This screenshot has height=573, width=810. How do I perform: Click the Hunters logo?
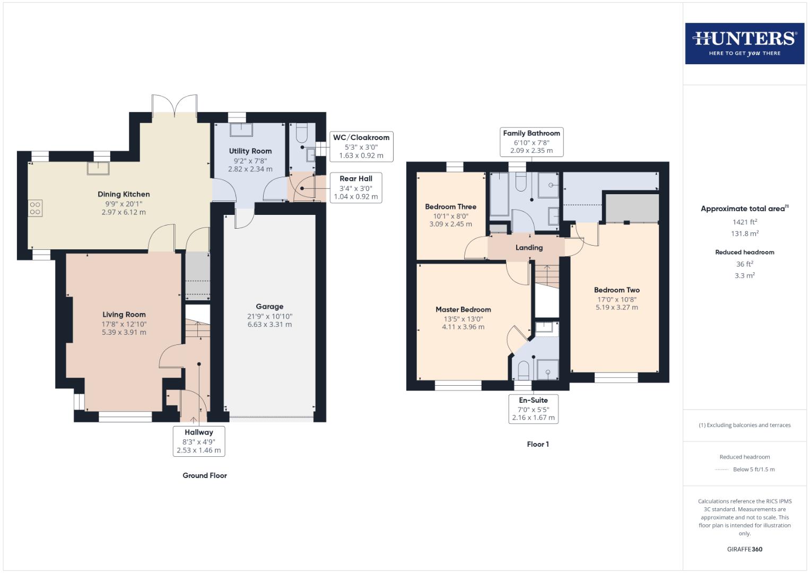coord(744,44)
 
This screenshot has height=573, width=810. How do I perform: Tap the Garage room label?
coord(269,307)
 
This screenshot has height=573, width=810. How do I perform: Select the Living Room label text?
coord(124,315)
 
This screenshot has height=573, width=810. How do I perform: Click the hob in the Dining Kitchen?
coord(36,208)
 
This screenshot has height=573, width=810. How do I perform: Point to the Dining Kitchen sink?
coord(99,168)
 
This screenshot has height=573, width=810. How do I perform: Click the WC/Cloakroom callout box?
coord(361,146)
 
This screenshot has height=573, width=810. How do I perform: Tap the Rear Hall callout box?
coord(355,187)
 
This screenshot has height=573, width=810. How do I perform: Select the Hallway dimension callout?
coord(199,441)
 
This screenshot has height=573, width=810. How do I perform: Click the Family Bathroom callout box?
coord(531,142)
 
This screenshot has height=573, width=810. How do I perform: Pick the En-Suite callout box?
coord(533,409)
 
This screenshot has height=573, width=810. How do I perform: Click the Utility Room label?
coord(250,151)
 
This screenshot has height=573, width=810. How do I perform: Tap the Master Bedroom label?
coord(463,309)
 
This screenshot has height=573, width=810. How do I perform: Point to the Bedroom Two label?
coord(616,290)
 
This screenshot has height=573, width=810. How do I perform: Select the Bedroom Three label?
coord(450,207)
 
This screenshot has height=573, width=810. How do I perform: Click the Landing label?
coord(529,248)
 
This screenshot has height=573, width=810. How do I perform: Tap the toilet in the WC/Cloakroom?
coord(302,131)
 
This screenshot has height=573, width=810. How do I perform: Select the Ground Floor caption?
coord(205,475)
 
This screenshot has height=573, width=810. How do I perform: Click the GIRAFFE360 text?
coord(744,549)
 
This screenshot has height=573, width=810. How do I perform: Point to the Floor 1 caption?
coord(537,444)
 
